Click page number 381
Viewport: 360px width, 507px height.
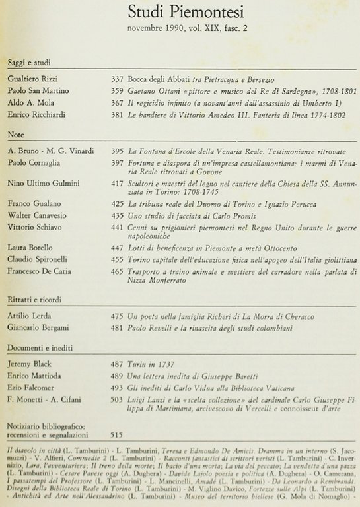[118, 116]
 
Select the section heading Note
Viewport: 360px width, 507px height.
[16, 134]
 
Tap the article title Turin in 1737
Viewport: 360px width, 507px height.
[150, 364]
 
